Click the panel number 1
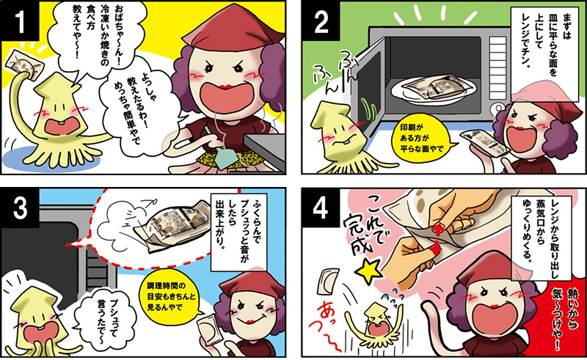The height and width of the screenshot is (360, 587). pos(20,21)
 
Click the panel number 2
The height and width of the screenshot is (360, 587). pos(321,22)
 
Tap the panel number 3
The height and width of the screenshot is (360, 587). pos(20,207)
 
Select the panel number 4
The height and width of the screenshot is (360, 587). pos(321,208)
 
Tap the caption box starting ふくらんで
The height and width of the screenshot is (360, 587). pos(239,232)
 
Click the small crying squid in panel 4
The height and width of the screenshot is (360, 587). pos(376,323)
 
